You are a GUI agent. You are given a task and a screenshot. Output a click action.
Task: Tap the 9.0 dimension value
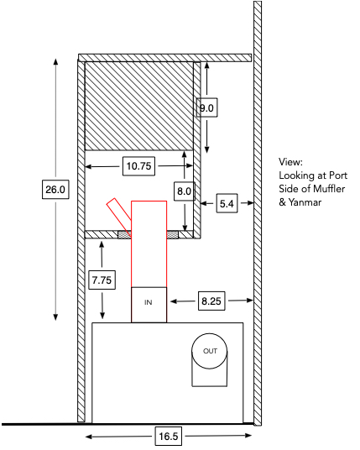point(208,107)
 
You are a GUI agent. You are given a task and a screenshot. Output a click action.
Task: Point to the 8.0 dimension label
point(184,192)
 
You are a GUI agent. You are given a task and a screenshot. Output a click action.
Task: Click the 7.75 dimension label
point(102,278)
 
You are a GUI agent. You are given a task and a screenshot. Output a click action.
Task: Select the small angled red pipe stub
point(117,213)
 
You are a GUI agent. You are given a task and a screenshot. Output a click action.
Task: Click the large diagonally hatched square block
point(139,105)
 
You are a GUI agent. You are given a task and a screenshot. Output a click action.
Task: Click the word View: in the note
point(292,161)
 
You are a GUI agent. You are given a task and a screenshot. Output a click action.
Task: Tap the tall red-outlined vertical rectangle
point(149,243)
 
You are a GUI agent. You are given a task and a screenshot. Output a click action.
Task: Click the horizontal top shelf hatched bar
point(164,57)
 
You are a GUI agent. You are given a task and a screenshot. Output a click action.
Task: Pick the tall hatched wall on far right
point(258,210)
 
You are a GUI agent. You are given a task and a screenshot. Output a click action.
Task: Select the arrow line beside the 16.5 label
point(117,437)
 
